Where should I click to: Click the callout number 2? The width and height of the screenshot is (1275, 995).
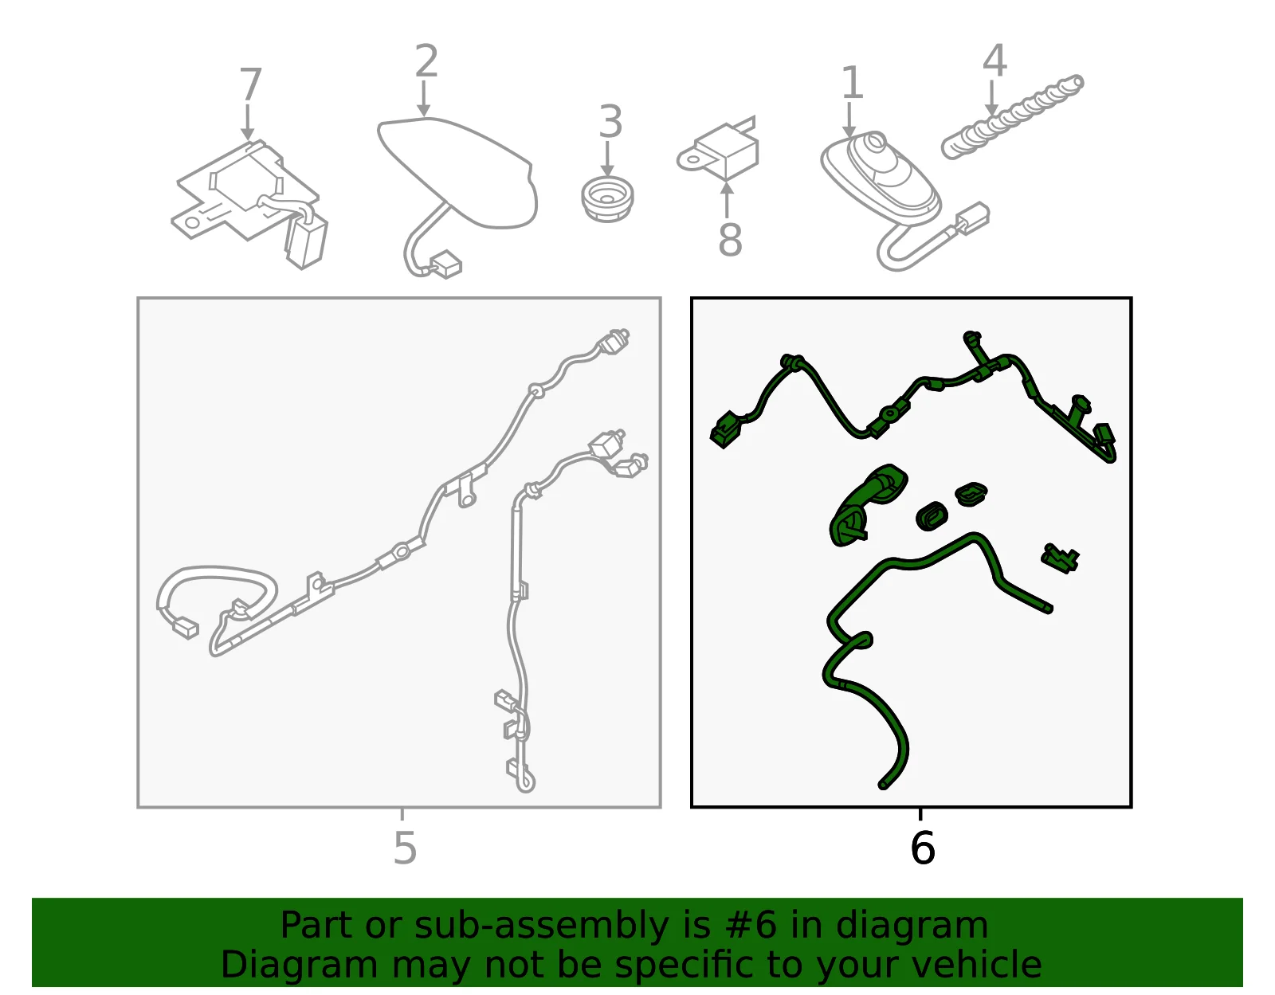coord(426,61)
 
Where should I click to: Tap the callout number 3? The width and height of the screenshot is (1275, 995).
coord(610,121)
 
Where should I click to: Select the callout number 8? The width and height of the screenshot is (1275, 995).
coord(730,239)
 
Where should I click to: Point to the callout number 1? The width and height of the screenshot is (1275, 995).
coord(852,82)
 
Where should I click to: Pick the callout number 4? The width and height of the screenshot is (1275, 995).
coord(994,61)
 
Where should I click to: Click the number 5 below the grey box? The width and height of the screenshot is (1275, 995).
coord(405,848)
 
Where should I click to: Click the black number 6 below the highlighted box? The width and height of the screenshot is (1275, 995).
coord(922,848)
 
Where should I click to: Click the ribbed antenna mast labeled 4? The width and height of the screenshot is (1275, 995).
coord(1013,116)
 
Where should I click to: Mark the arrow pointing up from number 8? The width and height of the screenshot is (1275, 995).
coord(727,200)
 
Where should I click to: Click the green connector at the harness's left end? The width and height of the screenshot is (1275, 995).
coord(725,431)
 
